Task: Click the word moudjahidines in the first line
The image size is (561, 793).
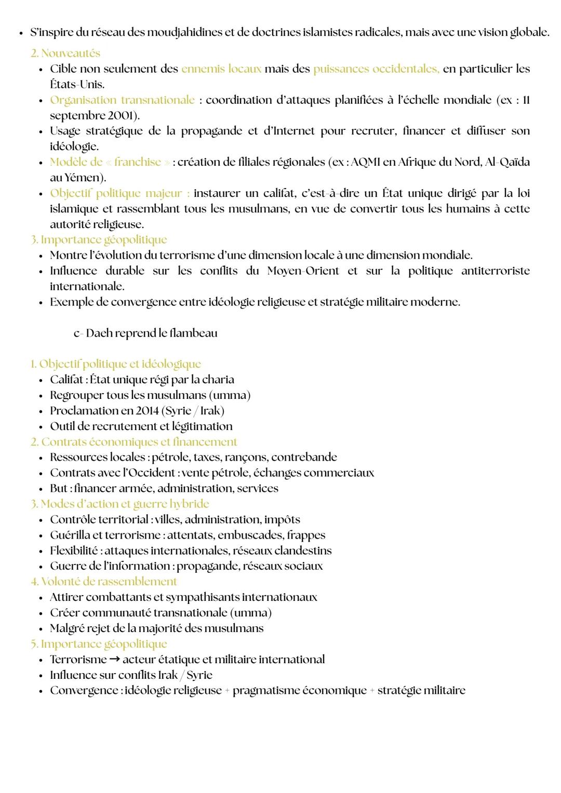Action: click(x=186, y=33)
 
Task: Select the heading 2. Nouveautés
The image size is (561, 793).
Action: click(x=65, y=53)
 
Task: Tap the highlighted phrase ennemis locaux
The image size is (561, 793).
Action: click(x=221, y=69)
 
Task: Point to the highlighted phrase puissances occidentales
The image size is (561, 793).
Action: click(x=376, y=69)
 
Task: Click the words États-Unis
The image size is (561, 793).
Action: click(x=77, y=85)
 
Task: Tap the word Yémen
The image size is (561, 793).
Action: click(x=84, y=178)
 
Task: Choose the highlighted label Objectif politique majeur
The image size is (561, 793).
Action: click(x=119, y=193)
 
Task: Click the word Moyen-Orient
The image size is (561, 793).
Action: click(x=303, y=271)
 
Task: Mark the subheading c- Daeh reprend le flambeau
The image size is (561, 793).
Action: click(x=145, y=333)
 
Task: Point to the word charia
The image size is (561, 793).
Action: click(x=218, y=380)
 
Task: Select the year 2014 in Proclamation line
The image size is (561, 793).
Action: click(x=147, y=411)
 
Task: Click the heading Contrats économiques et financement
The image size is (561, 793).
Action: click(x=139, y=442)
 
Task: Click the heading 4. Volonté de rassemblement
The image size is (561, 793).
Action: click(x=104, y=582)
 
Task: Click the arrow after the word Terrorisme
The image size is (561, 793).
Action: click(x=114, y=660)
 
